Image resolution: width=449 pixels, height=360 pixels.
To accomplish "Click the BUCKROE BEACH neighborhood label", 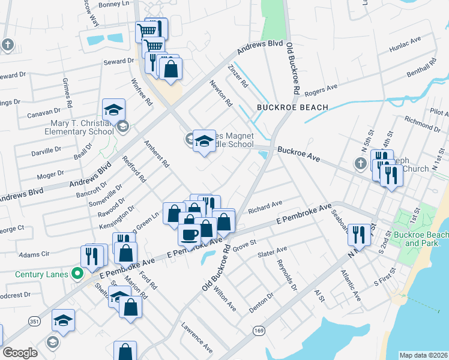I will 292,107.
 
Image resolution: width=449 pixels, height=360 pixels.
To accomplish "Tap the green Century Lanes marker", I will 76,274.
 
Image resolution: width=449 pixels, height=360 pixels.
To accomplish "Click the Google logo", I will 20,352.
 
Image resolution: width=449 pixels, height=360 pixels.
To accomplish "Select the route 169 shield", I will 259,331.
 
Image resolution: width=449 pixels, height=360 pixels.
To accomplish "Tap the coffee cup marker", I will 190,233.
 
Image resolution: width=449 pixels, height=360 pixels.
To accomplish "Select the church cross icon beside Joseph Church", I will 360,163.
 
